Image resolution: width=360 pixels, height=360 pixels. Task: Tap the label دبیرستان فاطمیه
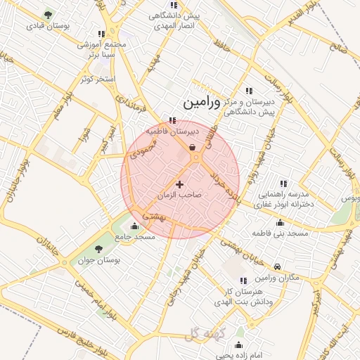coord(173,131)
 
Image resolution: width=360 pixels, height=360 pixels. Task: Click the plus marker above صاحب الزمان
coord(179,184)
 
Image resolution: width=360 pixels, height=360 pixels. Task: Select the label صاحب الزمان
coord(179,194)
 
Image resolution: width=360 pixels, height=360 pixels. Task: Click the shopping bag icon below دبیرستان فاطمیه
coord(193,146)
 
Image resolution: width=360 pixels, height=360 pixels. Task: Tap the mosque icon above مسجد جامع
coord(135,226)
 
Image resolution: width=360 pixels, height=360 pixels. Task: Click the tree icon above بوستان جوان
coord(98,249)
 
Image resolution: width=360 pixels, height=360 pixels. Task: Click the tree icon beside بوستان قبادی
coord(47,14)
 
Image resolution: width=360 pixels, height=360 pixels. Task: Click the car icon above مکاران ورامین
coord(278,267)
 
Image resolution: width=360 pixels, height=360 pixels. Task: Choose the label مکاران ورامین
coord(278,278)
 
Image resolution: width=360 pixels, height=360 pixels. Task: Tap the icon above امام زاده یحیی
coord(239,345)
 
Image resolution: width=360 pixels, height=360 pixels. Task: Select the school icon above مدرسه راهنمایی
coord(283,184)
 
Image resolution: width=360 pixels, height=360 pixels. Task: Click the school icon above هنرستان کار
coord(243,281)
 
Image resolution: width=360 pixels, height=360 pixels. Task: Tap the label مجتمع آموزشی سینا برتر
coord(102,49)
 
